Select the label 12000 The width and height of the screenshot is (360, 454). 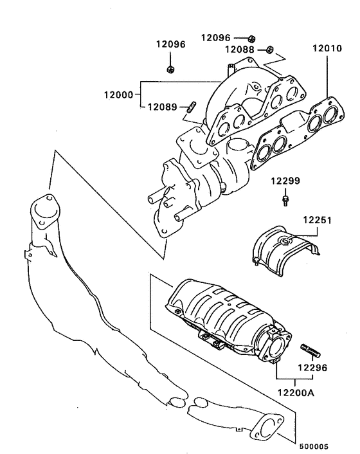(x=118, y=94)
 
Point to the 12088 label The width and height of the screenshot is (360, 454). (x=239, y=50)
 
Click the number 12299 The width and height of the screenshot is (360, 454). (x=284, y=181)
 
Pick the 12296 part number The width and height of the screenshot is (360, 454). (x=312, y=368)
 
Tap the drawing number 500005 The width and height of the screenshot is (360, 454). (x=313, y=444)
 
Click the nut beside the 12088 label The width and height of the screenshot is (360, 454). (x=271, y=49)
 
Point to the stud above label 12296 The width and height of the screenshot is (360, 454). (x=310, y=350)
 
